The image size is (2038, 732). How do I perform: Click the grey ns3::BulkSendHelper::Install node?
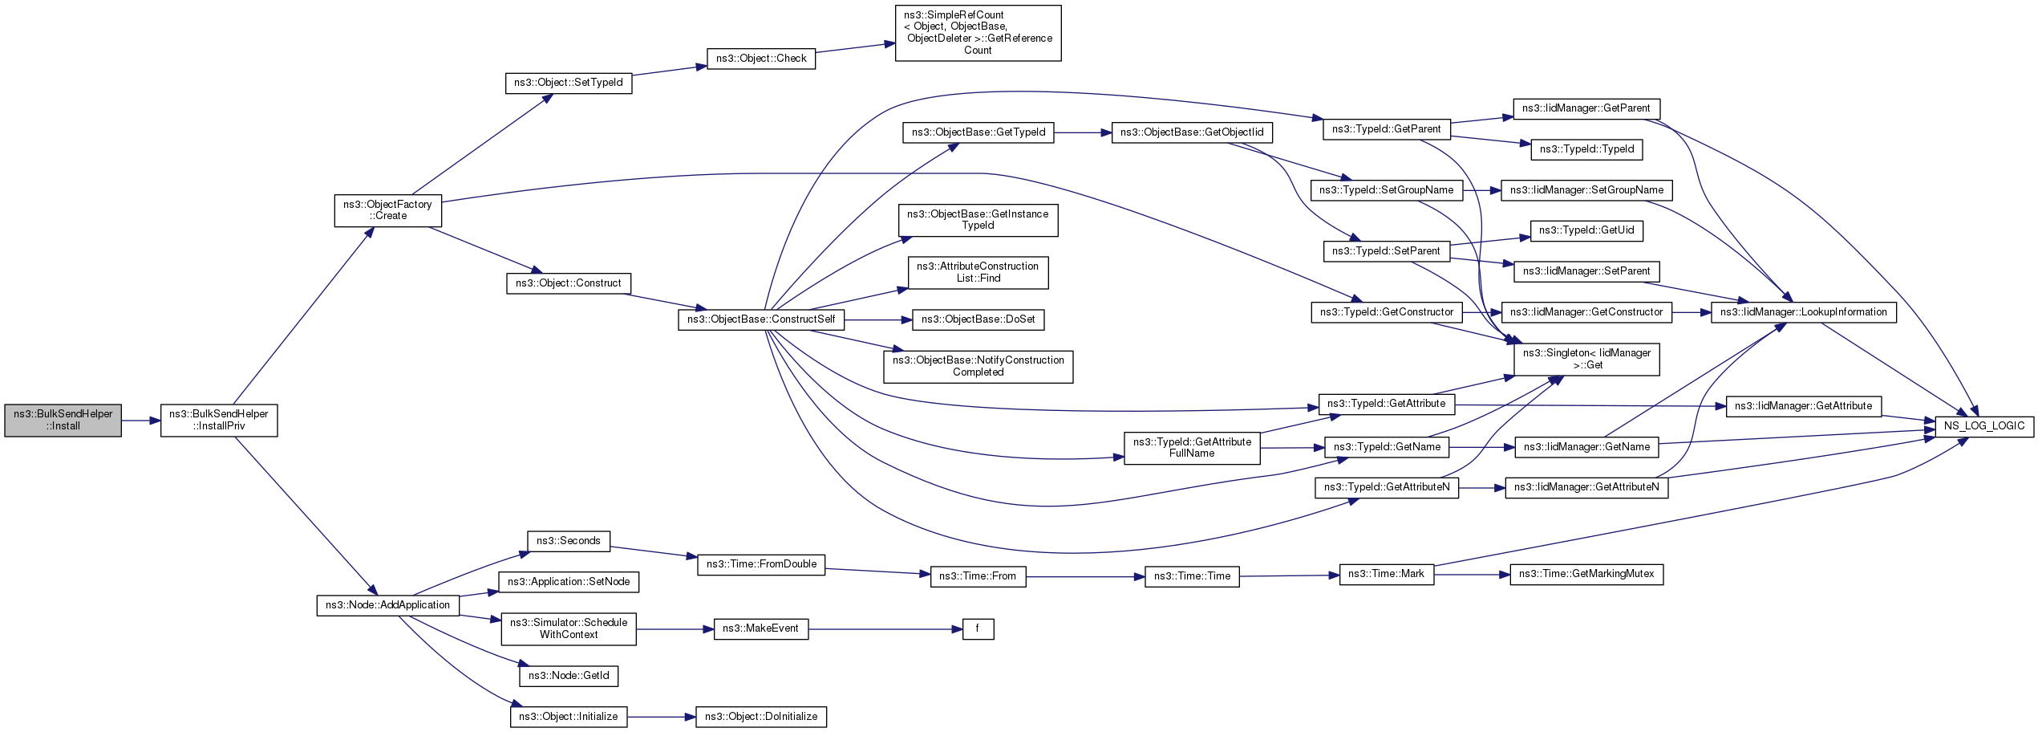[x=63, y=421]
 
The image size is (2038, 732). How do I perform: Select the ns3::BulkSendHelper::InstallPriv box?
[x=219, y=421]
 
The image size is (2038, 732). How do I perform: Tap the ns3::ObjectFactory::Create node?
[x=387, y=210]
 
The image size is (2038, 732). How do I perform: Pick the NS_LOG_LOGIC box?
[x=1984, y=426]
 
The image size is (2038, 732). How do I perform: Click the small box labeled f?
[x=977, y=629]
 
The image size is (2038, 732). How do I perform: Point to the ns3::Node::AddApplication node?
[x=387, y=605]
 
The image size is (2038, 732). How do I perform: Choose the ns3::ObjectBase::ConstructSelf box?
[x=760, y=319]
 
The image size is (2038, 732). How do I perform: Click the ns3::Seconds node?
[x=568, y=541]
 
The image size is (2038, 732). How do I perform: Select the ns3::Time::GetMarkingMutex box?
[x=1586, y=574]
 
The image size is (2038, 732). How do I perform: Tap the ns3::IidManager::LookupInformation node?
[x=1803, y=312]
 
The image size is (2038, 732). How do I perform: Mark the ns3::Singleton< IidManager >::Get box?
[x=1586, y=359]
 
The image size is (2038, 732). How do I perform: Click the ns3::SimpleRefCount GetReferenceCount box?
[x=978, y=33]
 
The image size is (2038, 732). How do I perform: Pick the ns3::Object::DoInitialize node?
[x=760, y=717]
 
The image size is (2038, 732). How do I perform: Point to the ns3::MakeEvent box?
[x=760, y=628]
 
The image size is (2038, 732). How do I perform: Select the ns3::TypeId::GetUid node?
[x=1586, y=230]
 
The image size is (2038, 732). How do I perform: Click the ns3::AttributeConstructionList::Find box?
[x=978, y=272]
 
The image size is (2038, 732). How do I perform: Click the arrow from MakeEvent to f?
[x=882, y=629]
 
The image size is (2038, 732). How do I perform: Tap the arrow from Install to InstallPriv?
[x=140, y=421]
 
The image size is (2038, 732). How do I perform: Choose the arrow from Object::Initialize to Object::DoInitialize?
[x=660, y=717]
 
